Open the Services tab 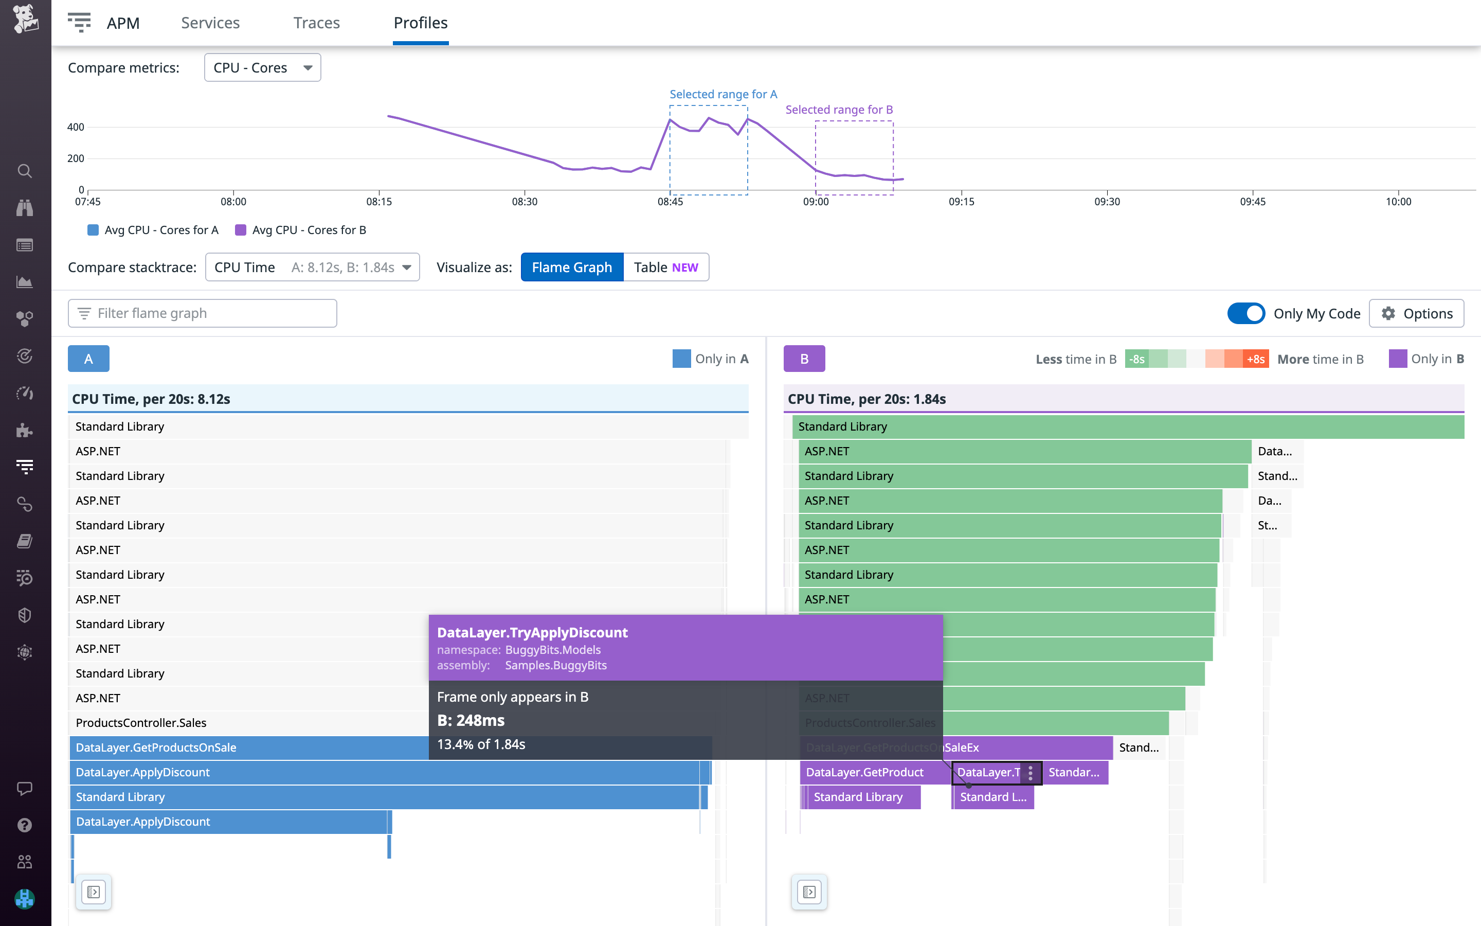coord(210,23)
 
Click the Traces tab coord(316,23)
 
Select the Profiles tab coord(421,23)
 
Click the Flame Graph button coord(572,267)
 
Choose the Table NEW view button coord(666,267)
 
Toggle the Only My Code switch coord(1245,314)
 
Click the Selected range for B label coord(839,110)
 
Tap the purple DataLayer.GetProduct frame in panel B coord(865,772)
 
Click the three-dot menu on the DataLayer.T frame coord(1031,772)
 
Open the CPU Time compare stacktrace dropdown coord(312,267)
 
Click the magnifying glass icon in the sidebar coord(25,171)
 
